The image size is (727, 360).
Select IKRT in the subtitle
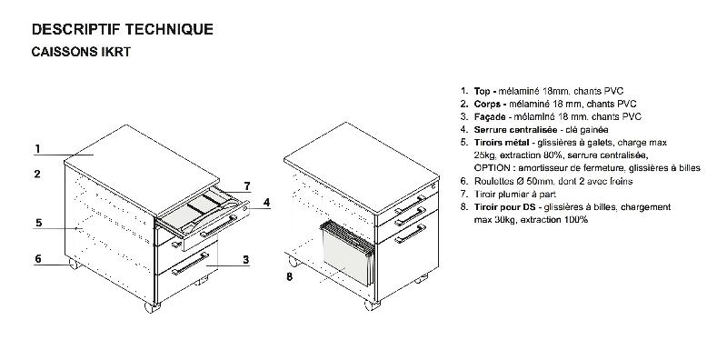coord(116,53)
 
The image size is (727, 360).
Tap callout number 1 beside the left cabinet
coord(38,148)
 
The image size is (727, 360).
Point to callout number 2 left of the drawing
coord(37,173)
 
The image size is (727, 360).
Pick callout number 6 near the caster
coord(38,259)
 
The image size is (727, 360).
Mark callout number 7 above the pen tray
coord(245,187)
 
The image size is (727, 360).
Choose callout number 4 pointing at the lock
coord(266,203)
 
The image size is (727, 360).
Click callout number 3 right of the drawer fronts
coord(245,260)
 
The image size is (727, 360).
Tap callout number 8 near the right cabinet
coord(289,276)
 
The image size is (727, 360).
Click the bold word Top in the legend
coord(483,92)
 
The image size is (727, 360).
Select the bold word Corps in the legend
coord(488,105)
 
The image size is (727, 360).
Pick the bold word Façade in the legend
coord(491,117)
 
